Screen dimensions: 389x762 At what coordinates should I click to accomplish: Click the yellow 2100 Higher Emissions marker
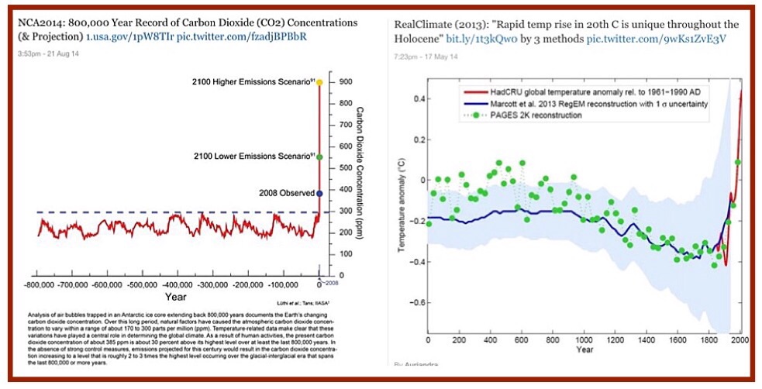pyautogui.click(x=319, y=81)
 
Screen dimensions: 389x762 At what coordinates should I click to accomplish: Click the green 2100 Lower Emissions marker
pyautogui.click(x=319, y=156)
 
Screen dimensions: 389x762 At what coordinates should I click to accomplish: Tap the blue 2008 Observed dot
pyautogui.click(x=319, y=192)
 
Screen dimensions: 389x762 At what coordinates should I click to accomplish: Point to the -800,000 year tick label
pyautogui.click(x=36, y=285)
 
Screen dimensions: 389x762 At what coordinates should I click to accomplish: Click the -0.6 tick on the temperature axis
pyautogui.click(x=413, y=301)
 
